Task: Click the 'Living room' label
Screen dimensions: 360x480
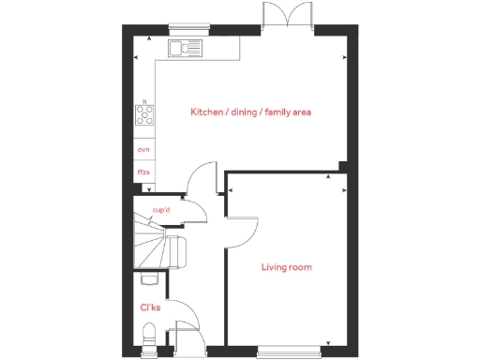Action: (x=286, y=267)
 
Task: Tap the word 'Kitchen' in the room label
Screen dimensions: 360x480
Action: (x=206, y=112)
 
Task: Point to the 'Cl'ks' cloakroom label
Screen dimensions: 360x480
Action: (x=150, y=307)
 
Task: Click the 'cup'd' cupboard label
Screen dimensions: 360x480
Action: (x=160, y=210)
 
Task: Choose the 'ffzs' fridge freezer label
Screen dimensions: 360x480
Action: (x=143, y=172)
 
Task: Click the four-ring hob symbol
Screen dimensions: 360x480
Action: (x=146, y=116)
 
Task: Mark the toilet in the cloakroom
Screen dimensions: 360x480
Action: (x=148, y=335)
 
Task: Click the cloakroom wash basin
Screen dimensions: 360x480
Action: (x=146, y=278)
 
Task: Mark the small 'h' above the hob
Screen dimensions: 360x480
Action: (x=144, y=100)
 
